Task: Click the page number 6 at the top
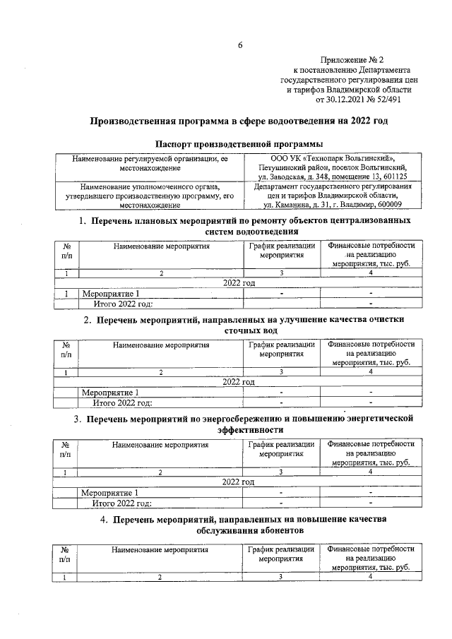pos(239,46)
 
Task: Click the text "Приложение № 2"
pos(354,60)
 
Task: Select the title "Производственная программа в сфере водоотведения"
pos(239,121)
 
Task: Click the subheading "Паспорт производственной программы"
pos(239,144)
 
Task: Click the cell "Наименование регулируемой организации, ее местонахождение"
pos(153,164)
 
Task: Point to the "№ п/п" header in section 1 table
pos(66,250)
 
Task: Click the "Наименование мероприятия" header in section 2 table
pos(161,346)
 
